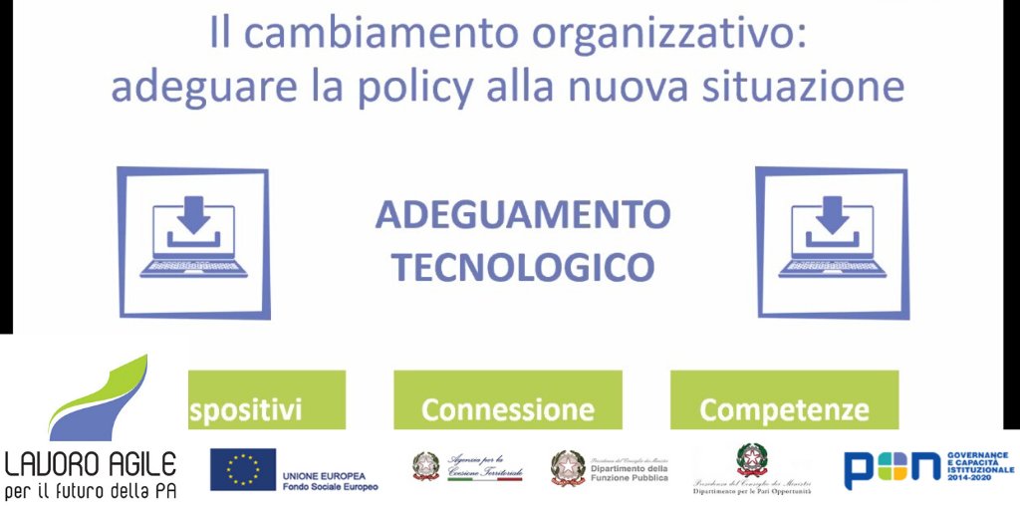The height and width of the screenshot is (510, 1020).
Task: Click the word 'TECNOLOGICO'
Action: (522, 266)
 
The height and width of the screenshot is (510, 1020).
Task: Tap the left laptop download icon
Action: (193, 242)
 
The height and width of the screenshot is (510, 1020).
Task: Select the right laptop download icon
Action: (832, 242)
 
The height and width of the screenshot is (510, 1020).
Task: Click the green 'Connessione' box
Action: (507, 401)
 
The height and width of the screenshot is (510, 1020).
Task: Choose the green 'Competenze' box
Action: (784, 401)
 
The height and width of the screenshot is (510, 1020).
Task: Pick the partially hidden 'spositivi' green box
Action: (265, 401)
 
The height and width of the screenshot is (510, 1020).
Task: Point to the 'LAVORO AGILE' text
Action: (91, 464)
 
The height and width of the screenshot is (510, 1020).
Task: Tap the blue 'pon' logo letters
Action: (892, 468)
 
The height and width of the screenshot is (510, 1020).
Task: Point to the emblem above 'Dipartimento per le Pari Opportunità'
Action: (752, 459)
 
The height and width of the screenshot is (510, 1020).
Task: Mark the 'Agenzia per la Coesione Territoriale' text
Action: (484, 463)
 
